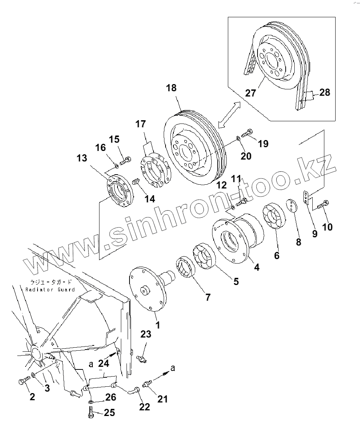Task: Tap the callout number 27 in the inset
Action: [250, 93]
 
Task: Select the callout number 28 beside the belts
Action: [324, 92]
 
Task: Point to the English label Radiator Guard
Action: [50, 289]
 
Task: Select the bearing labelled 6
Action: [275, 216]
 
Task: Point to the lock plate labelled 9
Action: [306, 198]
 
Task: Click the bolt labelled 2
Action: [22, 381]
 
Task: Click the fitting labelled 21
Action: [147, 384]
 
